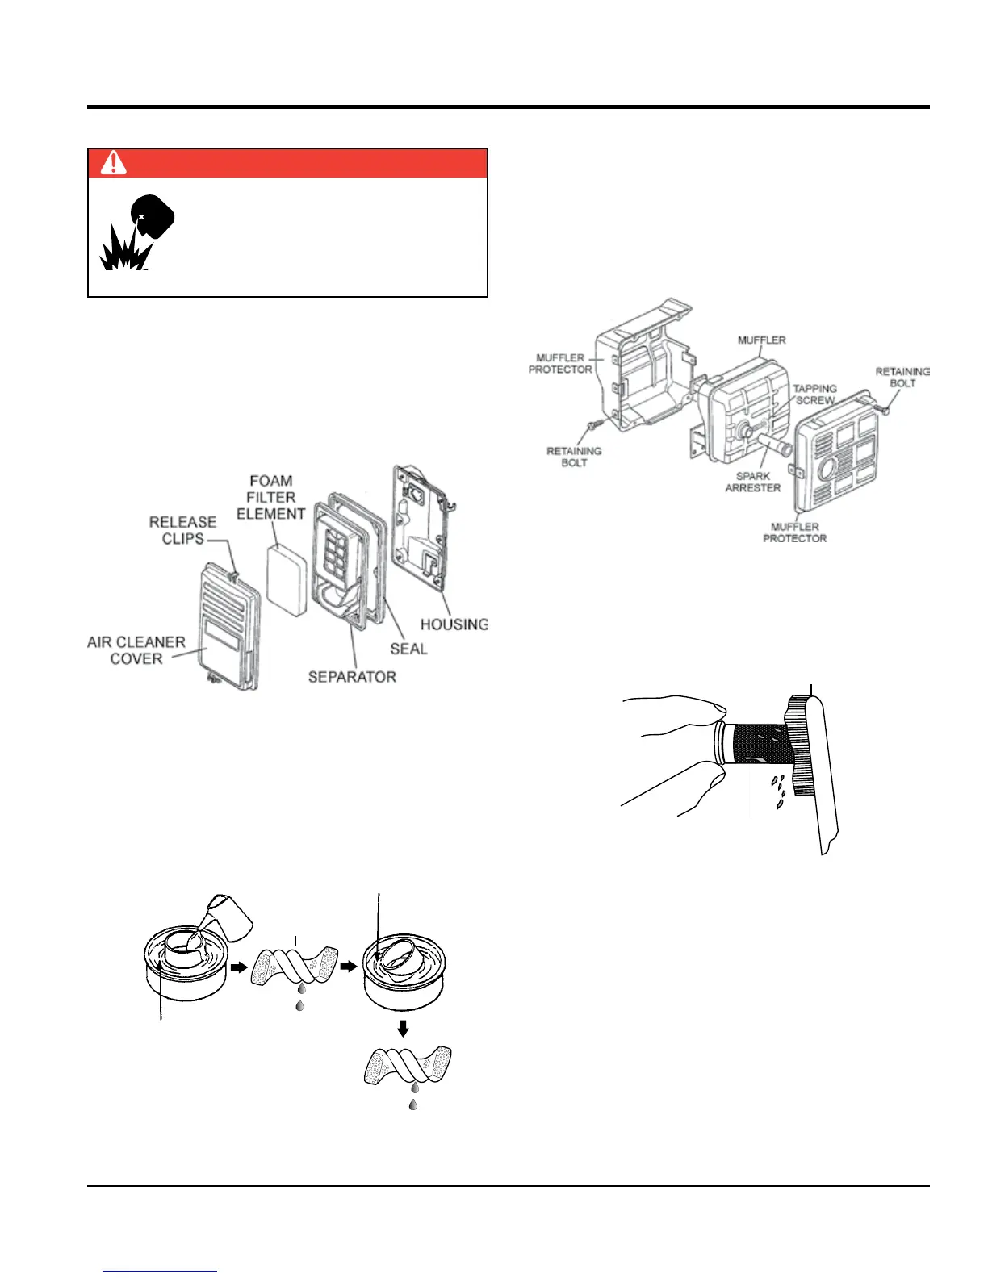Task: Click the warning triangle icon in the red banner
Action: click(114, 163)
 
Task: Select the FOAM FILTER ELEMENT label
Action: click(270, 497)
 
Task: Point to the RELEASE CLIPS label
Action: click(182, 530)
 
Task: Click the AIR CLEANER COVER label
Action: click(136, 650)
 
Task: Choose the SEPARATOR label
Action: click(352, 677)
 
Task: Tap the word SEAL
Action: click(408, 649)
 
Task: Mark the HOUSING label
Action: click(454, 624)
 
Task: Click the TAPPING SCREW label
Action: click(814, 395)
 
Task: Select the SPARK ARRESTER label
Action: click(752, 482)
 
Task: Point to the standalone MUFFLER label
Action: click(761, 340)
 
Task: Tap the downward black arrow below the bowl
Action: click(403, 1029)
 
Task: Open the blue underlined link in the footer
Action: click(160, 1271)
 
